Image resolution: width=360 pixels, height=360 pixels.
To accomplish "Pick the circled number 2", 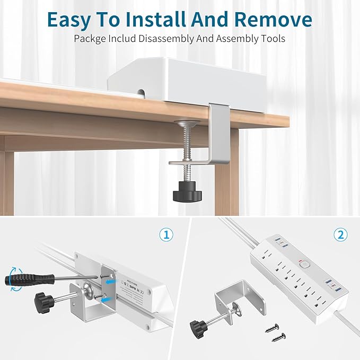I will pos(340,234).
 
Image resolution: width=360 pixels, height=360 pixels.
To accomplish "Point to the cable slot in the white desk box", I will pos(141,93).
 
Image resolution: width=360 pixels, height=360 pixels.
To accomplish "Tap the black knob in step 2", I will pos(197,324).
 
